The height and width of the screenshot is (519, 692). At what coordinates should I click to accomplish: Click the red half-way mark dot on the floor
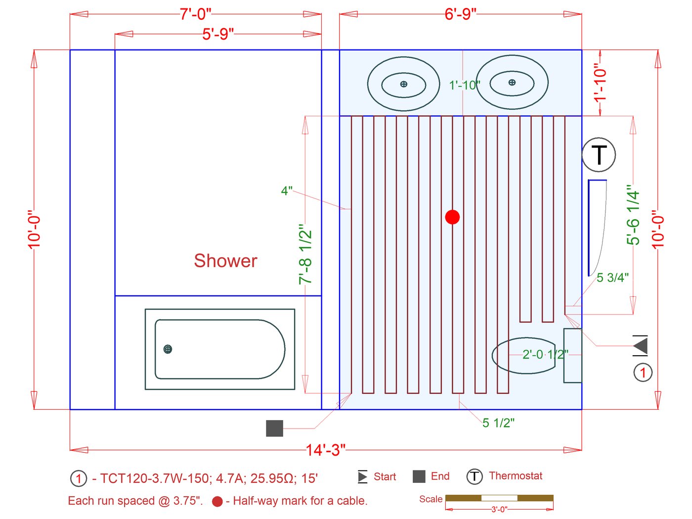(x=452, y=217)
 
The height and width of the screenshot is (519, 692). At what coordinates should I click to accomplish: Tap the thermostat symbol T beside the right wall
(x=599, y=155)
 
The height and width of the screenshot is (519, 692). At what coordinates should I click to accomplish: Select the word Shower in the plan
(x=225, y=261)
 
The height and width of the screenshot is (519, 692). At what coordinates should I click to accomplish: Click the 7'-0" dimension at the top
(x=195, y=14)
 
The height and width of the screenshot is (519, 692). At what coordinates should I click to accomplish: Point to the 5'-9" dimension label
(x=217, y=34)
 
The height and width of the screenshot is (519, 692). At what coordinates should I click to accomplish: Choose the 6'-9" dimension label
(x=460, y=14)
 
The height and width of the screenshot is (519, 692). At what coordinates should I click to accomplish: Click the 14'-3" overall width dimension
(x=325, y=450)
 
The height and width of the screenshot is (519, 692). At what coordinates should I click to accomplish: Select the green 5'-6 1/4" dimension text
(x=633, y=215)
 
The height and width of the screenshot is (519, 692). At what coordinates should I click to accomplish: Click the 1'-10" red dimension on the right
(x=600, y=82)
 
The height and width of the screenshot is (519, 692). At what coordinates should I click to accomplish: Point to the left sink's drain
(x=404, y=84)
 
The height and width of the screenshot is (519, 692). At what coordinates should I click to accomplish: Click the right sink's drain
(x=512, y=83)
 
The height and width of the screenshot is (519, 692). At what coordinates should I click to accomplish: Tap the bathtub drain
(x=168, y=349)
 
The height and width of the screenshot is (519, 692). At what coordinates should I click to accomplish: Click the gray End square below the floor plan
(x=274, y=428)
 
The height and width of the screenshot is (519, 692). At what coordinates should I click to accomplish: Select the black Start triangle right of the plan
(x=641, y=345)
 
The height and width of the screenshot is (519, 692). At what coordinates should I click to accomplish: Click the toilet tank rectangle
(x=573, y=355)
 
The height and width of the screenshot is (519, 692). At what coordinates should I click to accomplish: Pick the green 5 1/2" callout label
(x=498, y=423)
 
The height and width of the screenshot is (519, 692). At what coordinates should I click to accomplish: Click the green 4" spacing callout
(x=287, y=191)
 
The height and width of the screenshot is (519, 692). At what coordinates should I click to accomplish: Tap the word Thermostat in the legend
(x=516, y=476)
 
